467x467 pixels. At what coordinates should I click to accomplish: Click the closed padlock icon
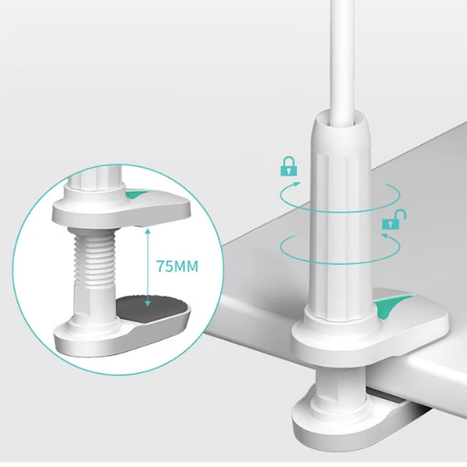tap(289, 167)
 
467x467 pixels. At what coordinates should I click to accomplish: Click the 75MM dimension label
tap(177, 266)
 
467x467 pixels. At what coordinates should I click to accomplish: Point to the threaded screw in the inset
tap(95, 258)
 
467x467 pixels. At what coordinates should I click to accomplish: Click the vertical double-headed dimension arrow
tap(147, 267)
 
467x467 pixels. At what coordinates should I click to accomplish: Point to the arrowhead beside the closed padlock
tap(297, 184)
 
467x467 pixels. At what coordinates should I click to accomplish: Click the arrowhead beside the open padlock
tap(385, 236)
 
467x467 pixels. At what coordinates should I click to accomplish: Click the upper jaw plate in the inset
tap(121, 207)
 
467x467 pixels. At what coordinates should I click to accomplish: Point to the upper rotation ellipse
tap(340, 197)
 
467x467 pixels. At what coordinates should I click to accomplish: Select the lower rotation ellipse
tap(340, 248)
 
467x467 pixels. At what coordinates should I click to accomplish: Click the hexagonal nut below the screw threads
tap(95, 300)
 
